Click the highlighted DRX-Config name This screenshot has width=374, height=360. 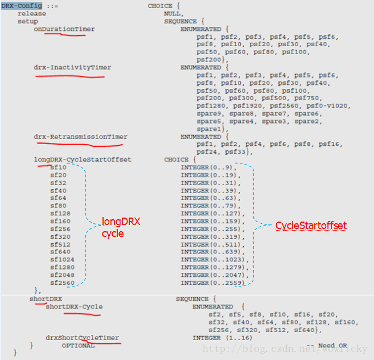pos(22,6)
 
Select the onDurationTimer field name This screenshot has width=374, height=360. pos(64,29)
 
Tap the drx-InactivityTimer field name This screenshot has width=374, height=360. pos(72,67)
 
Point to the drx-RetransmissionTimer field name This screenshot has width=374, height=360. pos(80,137)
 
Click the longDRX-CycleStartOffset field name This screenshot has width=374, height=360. pos(82,159)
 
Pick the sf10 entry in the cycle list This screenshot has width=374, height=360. pos(58,167)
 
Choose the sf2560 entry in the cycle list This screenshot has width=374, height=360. pos(62,283)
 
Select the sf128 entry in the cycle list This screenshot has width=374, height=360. pos(60,214)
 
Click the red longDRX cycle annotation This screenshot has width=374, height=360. pos(121,227)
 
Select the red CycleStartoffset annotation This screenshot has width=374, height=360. pos(311,226)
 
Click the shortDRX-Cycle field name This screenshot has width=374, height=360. pos(74,306)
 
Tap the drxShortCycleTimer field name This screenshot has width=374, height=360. pos(83,338)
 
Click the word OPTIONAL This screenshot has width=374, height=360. pos(79,346)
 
